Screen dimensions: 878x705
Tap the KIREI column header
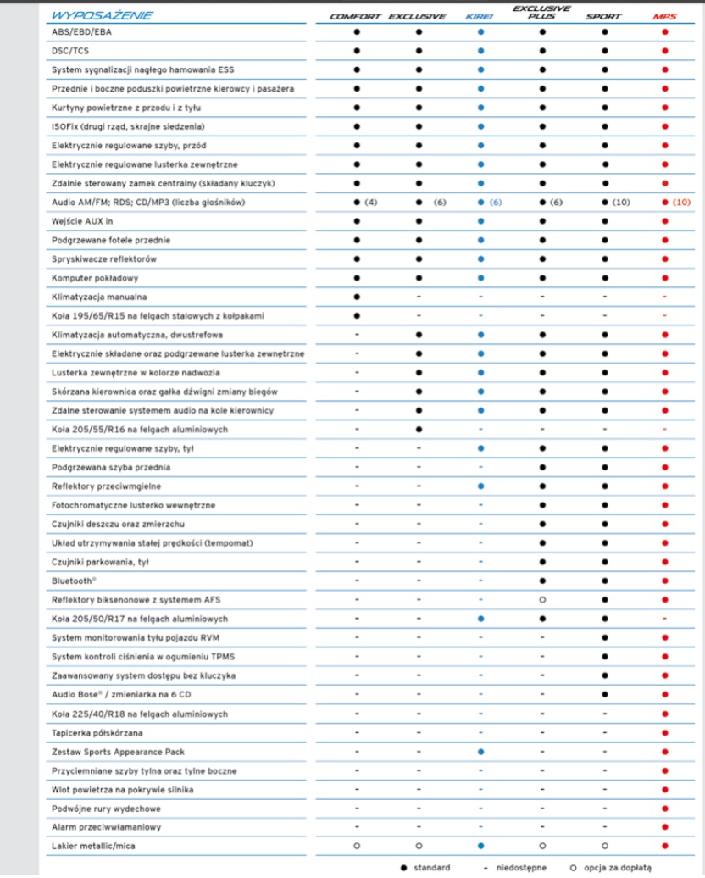point(480,16)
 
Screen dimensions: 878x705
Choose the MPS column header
point(664,16)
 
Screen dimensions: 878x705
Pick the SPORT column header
point(603,16)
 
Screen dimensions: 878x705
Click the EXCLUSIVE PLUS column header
point(541,12)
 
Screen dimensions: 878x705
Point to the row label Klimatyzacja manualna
point(99,297)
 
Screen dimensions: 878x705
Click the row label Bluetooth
point(75,581)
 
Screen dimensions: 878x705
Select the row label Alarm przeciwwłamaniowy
point(106,826)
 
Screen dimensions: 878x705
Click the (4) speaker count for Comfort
point(370,203)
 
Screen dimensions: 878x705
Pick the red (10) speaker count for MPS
point(682,203)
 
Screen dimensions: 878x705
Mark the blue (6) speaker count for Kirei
point(495,203)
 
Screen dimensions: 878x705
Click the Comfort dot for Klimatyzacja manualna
point(357,297)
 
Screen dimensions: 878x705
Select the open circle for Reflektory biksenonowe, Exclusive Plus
point(541,600)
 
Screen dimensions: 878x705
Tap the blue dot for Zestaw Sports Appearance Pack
point(480,751)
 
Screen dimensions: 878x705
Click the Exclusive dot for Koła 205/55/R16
point(419,429)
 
